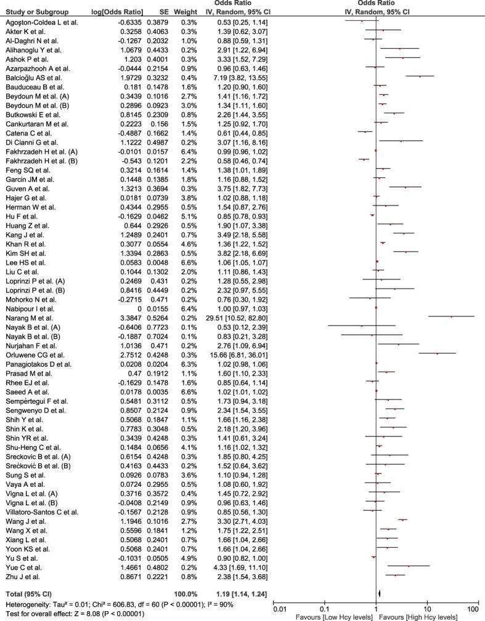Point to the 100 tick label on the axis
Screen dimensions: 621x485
click(x=473, y=609)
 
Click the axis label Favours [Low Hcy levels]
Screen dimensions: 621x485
click(x=335, y=616)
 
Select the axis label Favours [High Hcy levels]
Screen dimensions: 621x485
click(x=419, y=616)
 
